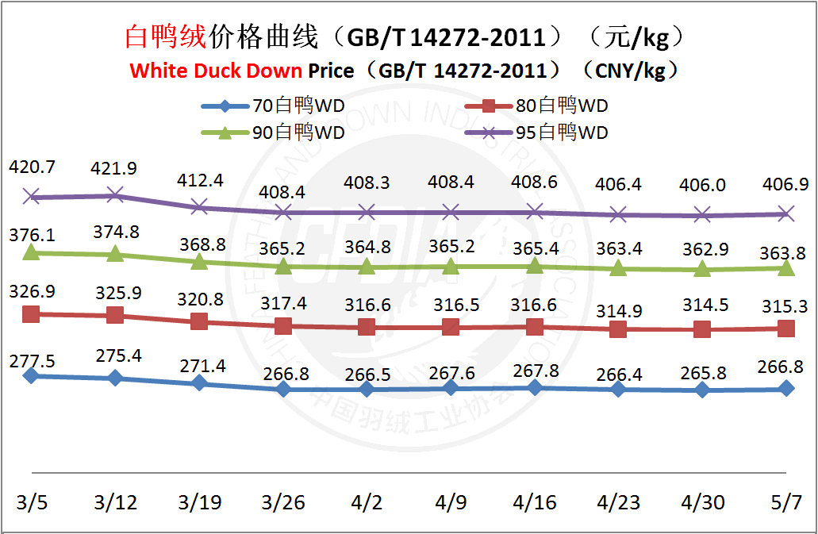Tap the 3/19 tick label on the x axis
click(x=199, y=502)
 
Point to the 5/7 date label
click(x=786, y=502)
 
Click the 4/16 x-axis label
click(x=535, y=502)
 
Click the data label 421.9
click(x=115, y=168)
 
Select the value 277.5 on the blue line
click(x=32, y=362)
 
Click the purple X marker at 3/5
click(x=31, y=196)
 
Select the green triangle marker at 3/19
click(x=199, y=260)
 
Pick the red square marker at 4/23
click(x=618, y=329)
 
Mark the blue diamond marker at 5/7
click(x=786, y=388)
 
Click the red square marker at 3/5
click(x=31, y=314)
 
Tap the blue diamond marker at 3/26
click(x=283, y=389)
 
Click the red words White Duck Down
click(x=216, y=71)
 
